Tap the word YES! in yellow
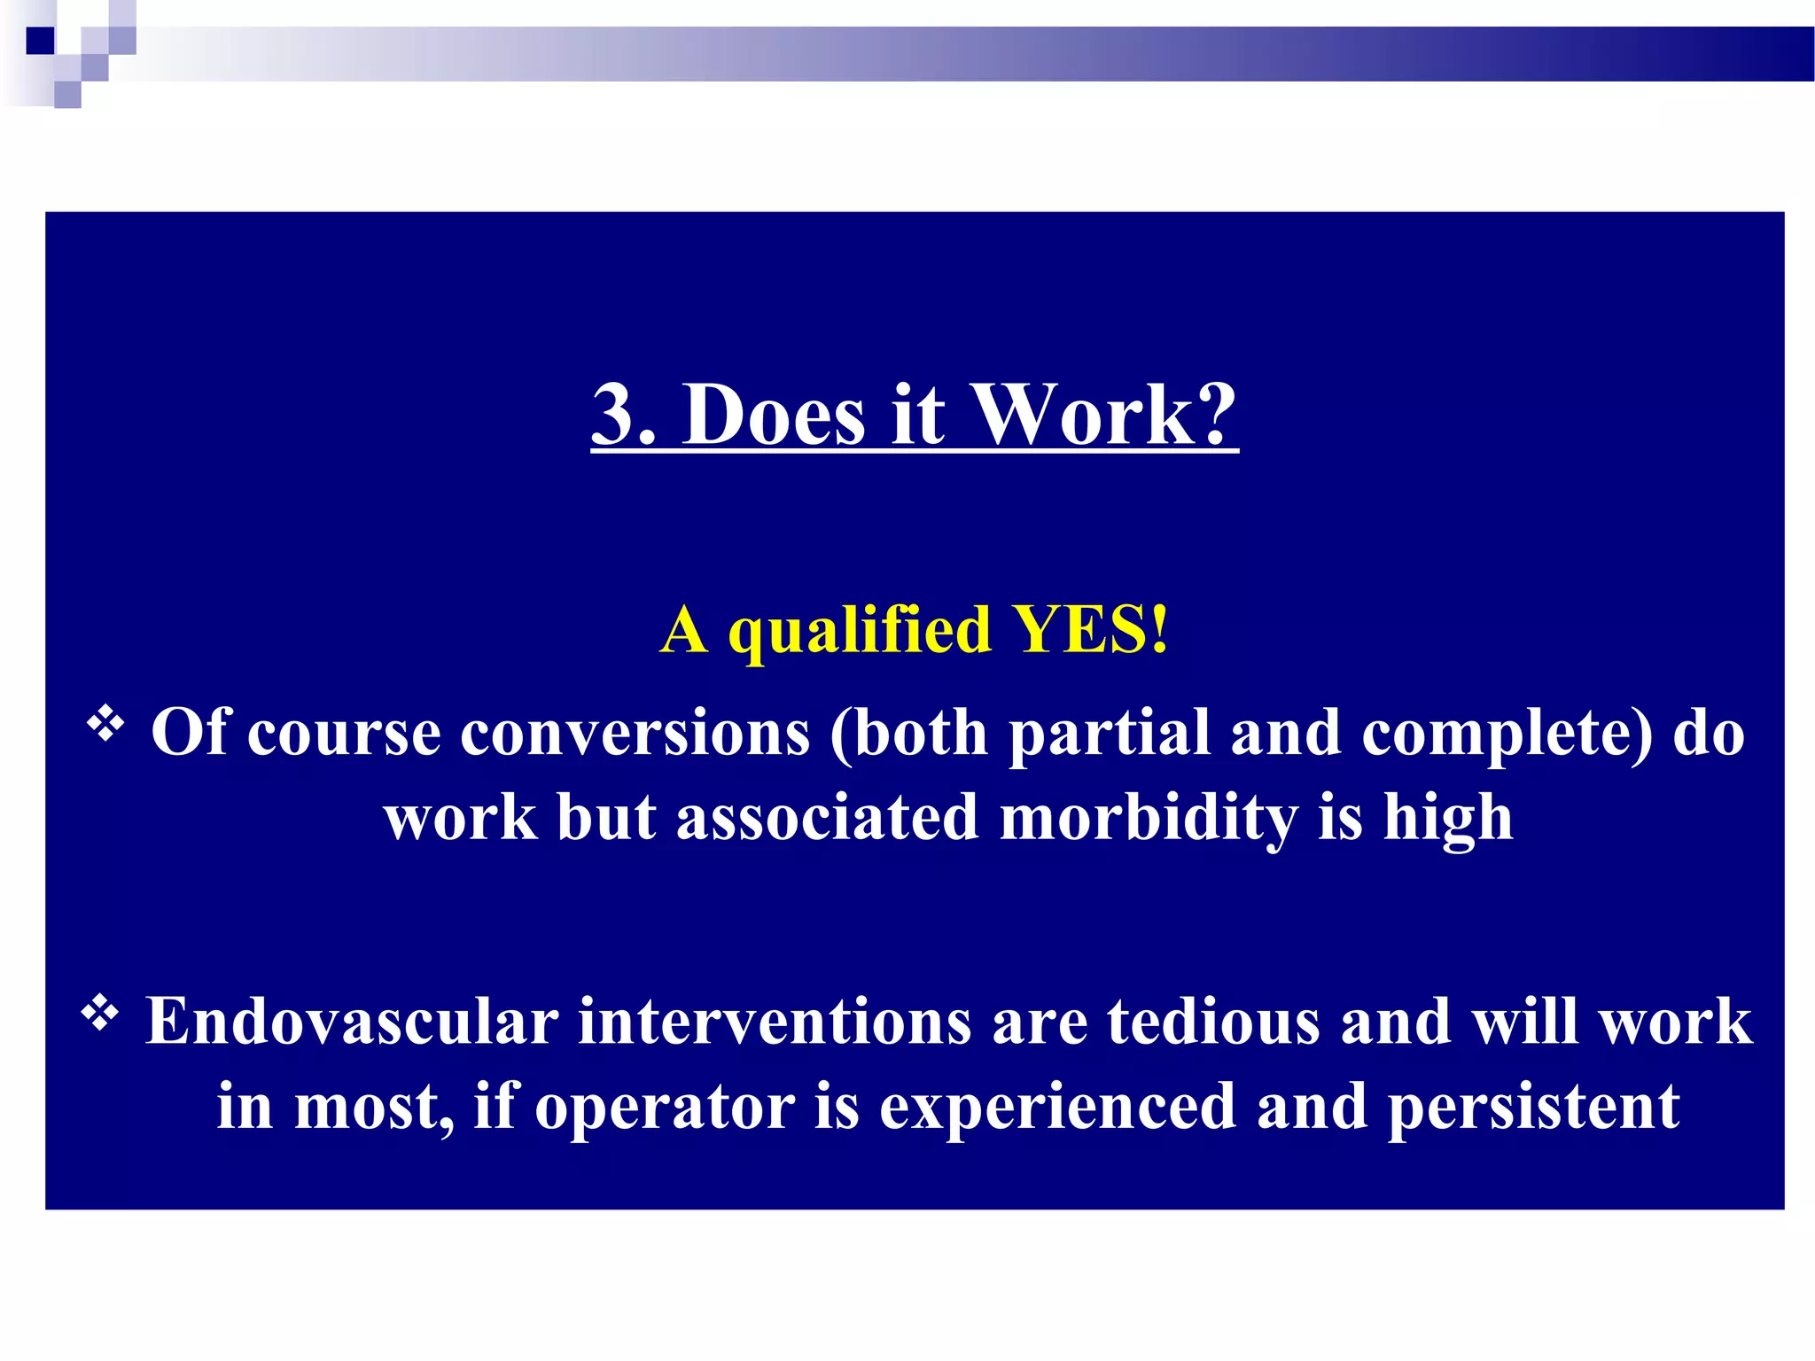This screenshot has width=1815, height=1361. [x=1091, y=630]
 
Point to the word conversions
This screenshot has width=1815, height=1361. [x=635, y=735]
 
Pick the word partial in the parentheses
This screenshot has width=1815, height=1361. [x=1110, y=735]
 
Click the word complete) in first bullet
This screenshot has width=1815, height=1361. [x=1507, y=735]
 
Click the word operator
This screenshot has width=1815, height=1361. [x=665, y=1108]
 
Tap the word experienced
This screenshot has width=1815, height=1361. [x=1056, y=1108]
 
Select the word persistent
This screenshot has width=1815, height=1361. [x=1532, y=1108]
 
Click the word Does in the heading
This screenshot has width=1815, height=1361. [x=773, y=415]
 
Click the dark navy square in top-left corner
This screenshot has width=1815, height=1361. [x=41, y=41]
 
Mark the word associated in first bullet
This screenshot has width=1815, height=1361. [x=827, y=818]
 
